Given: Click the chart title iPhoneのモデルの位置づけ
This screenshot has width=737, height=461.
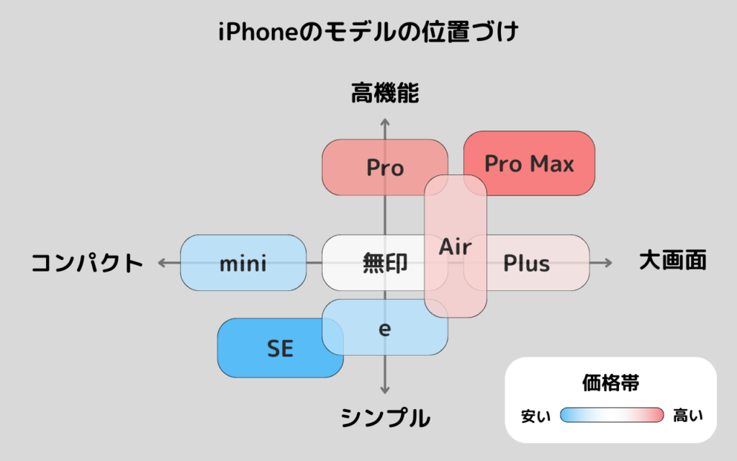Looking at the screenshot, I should click(x=368, y=32).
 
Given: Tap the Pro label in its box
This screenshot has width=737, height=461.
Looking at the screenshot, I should click(x=385, y=168).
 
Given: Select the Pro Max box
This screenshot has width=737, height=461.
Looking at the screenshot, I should click(x=529, y=164).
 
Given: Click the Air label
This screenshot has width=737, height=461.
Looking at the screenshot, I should click(x=456, y=247).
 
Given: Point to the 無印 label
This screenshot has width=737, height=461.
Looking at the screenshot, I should click(x=384, y=263).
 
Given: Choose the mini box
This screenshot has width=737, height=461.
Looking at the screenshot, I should click(x=243, y=263).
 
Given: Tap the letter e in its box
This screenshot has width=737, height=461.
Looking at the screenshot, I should click(x=384, y=329).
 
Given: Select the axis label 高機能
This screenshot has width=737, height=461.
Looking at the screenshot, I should click(x=385, y=93).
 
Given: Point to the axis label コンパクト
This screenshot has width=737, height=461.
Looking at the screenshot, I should click(x=87, y=263).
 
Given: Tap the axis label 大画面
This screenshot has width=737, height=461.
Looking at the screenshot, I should click(x=673, y=260).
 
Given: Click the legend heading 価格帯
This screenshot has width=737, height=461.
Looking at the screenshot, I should click(x=610, y=383).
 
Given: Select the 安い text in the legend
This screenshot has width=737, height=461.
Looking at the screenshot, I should click(x=536, y=416).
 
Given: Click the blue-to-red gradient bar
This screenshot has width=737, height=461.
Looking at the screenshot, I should click(x=611, y=415).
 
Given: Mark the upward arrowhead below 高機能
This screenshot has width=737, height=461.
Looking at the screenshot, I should click(x=385, y=120).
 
